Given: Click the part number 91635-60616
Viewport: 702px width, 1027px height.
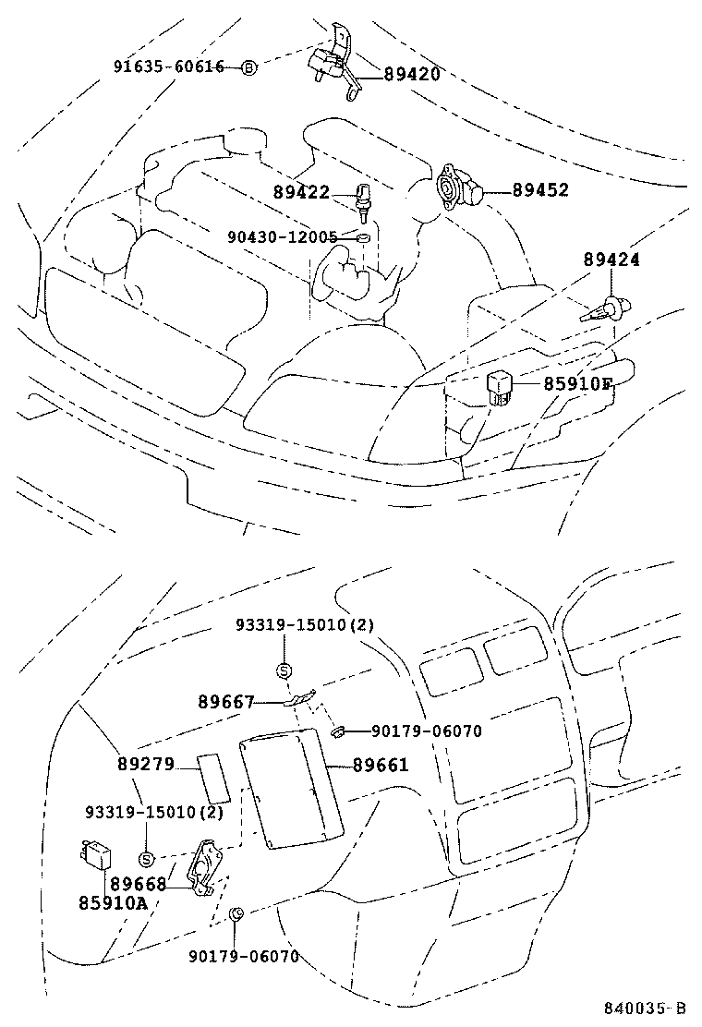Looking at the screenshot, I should [169, 67].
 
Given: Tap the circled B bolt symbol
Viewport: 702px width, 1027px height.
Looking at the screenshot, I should [248, 67].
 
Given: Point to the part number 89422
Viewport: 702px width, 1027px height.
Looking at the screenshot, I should [301, 192].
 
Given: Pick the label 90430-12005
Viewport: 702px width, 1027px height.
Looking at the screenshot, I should [283, 237].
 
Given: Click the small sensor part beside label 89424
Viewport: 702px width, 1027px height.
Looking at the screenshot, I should [610, 308].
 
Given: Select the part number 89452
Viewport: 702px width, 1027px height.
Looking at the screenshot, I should [540, 190].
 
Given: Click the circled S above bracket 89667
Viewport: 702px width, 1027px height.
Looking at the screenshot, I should [284, 671].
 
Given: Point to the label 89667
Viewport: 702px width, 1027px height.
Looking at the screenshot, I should [225, 702].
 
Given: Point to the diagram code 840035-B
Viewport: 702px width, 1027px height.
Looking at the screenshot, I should [646, 1007].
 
